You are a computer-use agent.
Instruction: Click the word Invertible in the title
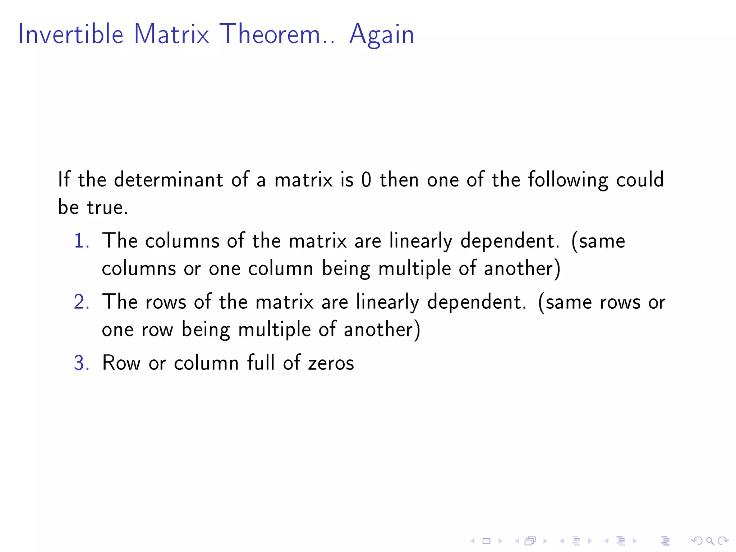pos(71,34)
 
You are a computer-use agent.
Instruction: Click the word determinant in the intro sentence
pos(168,180)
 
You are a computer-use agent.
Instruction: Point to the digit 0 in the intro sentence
pos(366,180)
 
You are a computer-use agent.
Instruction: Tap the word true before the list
pos(107,207)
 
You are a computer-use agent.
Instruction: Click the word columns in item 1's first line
pos(182,241)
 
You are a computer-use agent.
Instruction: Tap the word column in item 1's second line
pos(280,269)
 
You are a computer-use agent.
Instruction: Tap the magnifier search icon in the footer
pos(710,541)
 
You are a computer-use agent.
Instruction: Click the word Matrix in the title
pos(171,34)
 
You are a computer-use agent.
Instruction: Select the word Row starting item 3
pos(121,363)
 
